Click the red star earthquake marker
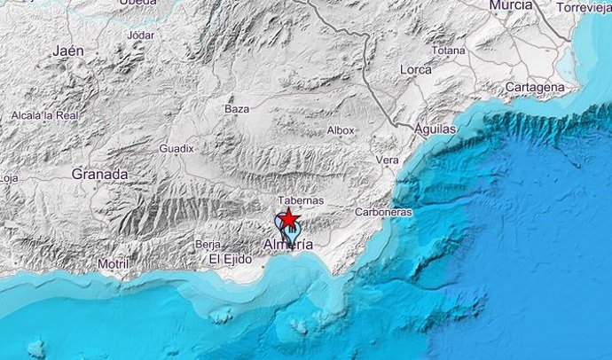click(288, 220)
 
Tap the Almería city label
click(288, 244)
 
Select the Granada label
click(100, 175)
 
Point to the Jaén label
click(67, 51)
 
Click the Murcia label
click(511, 6)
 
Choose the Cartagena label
click(534, 87)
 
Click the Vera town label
click(388, 160)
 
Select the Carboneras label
click(383, 213)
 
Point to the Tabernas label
click(301, 201)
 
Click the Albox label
click(341, 130)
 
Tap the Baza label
click(237, 109)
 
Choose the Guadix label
click(177, 149)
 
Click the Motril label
click(113, 263)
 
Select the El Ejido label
click(231, 260)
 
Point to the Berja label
click(208, 243)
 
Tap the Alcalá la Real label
click(45, 115)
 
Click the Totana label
click(449, 51)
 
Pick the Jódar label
click(141, 35)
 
